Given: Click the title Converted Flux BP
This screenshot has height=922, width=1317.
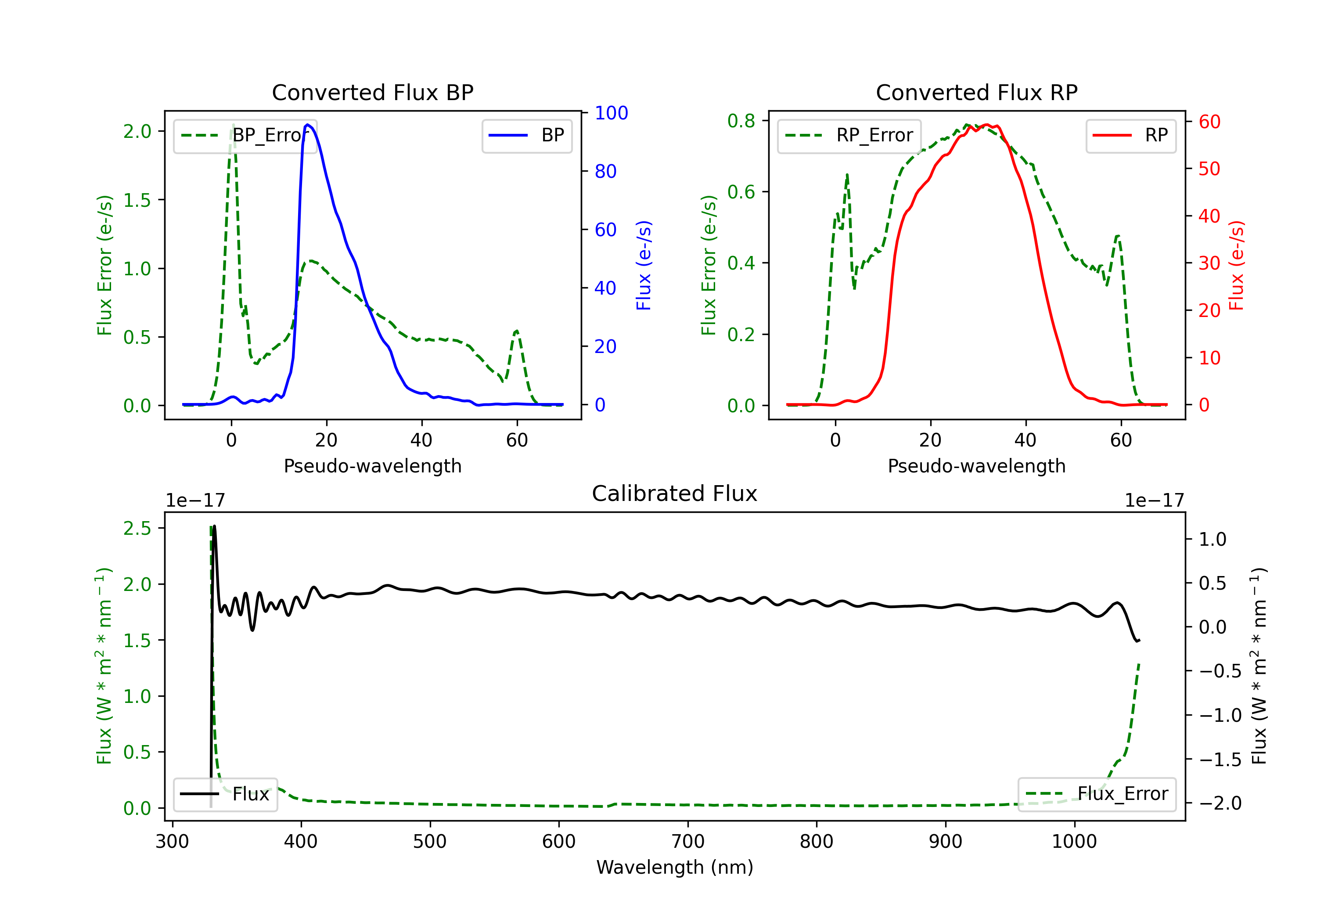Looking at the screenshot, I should click(x=372, y=92).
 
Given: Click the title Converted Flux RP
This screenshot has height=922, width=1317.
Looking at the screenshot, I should click(x=976, y=92).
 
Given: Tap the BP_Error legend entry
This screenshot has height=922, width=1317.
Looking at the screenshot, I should click(x=245, y=135).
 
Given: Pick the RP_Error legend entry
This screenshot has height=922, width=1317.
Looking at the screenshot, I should click(x=849, y=135).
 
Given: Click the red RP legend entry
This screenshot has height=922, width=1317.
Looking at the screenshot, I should click(x=1130, y=135).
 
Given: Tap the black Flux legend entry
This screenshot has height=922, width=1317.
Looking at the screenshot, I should click(x=226, y=794).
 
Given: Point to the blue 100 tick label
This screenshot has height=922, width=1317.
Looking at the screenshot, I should click(x=611, y=113).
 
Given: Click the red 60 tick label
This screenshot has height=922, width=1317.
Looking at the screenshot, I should click(x=1209, y=122).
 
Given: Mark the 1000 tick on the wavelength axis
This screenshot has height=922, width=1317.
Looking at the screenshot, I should click(x=1074, y=842).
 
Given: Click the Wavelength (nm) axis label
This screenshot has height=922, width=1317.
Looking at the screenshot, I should click(x=675, y=867).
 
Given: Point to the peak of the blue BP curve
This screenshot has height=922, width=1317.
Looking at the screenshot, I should click(x=308, y=125).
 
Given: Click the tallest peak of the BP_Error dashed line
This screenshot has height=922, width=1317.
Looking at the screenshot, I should click(x=233, y=125).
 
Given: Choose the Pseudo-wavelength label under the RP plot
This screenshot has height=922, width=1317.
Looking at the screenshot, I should click(x=976, y=466).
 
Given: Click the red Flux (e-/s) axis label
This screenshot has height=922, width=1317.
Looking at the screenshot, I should click(x=1237, y=266).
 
